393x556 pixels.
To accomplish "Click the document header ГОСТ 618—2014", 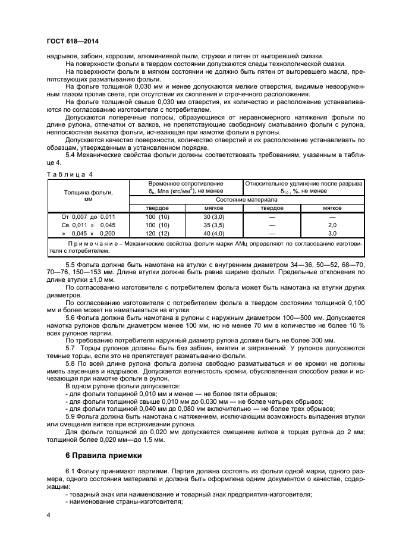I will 72,42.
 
